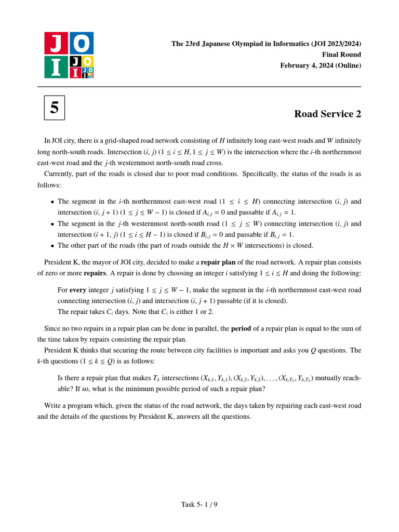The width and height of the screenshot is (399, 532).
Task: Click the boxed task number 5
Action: [55, 108]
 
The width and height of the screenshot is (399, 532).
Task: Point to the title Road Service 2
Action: [327, 114]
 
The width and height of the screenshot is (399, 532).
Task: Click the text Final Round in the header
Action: [341, 55]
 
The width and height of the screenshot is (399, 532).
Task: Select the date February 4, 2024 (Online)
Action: [321, 65]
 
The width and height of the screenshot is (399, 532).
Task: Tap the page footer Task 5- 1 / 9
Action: [199, 504]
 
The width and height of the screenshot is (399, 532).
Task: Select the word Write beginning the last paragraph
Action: [54, 405]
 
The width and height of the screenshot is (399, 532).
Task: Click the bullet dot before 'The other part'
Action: [52, 246]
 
